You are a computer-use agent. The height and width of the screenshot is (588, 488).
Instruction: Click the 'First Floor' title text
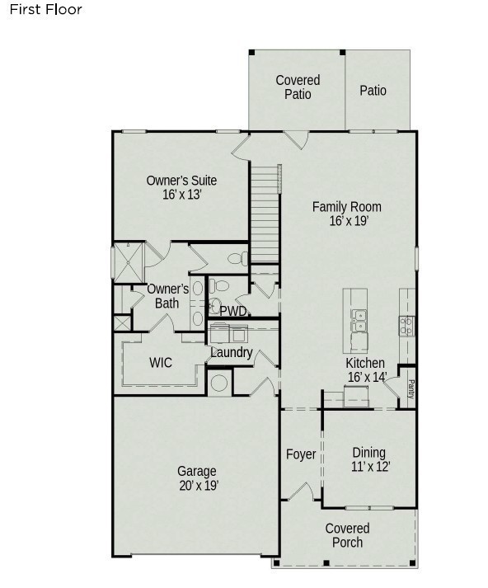tap(45, 9)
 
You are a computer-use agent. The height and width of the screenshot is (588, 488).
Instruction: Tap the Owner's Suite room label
tap(181, 181)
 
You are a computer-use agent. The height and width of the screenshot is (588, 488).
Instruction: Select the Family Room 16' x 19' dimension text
tap(349, 221)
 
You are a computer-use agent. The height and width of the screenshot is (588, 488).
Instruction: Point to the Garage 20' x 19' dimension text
tap(199, 486)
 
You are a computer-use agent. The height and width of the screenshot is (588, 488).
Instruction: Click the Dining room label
tap(368, 453)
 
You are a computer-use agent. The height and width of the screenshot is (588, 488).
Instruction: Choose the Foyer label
tap(301, 454)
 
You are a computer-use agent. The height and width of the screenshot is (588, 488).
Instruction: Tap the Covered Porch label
tap(347, 535)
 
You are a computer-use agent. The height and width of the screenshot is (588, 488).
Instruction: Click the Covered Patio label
tap(298, 87)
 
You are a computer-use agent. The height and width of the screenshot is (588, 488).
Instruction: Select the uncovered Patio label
tap(373, 91)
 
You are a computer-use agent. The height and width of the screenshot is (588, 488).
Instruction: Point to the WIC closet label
tap(161, 363)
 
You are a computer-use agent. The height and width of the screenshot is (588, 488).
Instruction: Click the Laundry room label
tap(232, 352)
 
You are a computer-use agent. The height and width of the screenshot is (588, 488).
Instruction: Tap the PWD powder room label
tap(233, 311)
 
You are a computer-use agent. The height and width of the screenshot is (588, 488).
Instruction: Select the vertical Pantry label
tap(411, 389)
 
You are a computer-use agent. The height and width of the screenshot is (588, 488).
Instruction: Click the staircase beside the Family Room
tap(265, 214)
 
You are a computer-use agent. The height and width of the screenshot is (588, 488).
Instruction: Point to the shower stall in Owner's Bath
tap(128, 262)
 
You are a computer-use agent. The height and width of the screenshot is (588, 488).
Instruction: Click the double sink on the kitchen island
tap(359, 320)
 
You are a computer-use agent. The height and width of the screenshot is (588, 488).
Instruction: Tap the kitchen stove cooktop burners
tap(406, 326)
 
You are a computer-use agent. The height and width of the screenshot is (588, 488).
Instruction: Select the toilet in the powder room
tap(219, 286)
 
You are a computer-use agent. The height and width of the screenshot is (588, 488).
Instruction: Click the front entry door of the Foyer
tap(301, 492)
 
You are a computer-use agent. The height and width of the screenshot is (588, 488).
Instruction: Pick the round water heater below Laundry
tap(219, 383)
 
